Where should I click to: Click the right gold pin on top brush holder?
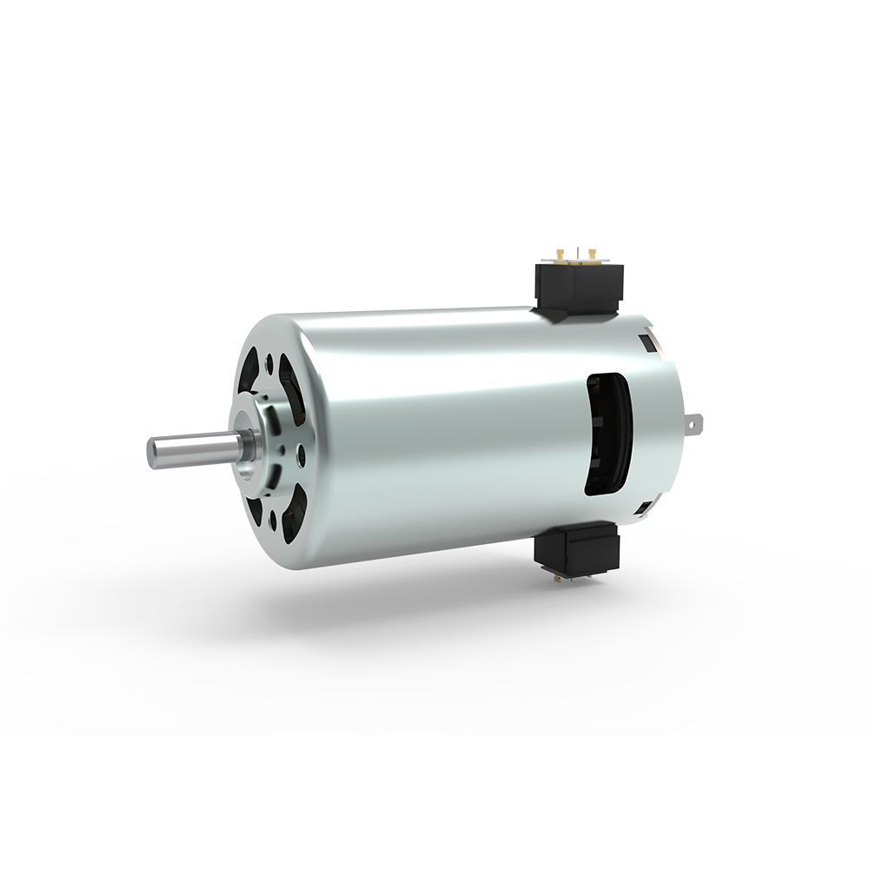(x=592, y=254)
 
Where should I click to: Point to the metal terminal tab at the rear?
(x=694, y=427)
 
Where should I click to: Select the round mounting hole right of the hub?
(x=300, y=451)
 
